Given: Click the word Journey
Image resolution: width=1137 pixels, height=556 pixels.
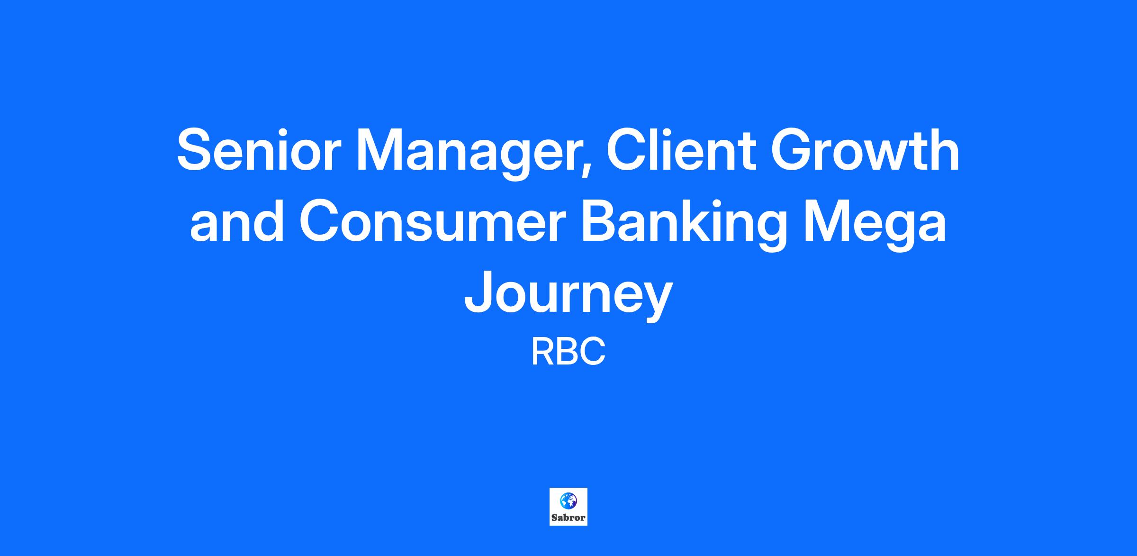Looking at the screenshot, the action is coord(568,298).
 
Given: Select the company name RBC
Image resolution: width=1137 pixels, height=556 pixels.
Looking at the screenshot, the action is coord(568,352).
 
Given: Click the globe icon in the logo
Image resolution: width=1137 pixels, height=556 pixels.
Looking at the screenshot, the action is coord(568,500).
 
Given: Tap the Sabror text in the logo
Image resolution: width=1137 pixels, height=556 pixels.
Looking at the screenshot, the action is coord(568,518).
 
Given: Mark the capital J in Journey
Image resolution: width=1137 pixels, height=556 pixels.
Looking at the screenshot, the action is coord(479,293).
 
